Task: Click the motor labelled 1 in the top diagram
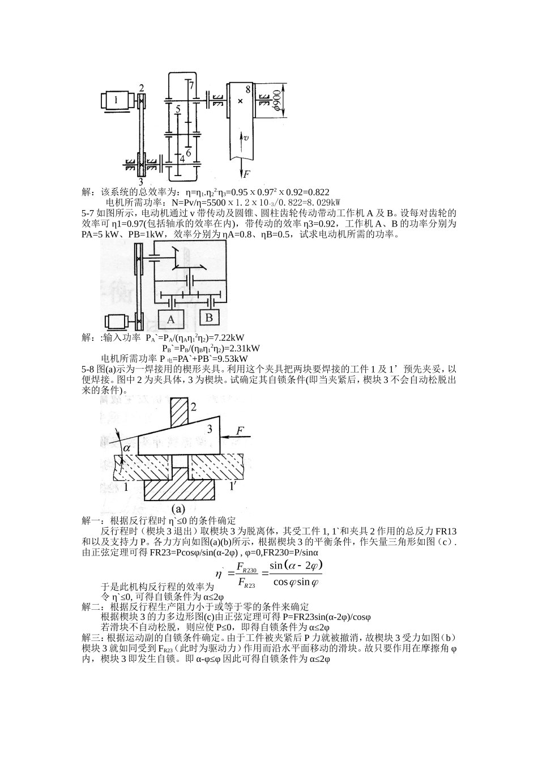point(118,100)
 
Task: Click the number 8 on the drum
point(247,89)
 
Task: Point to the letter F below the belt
point(247,174)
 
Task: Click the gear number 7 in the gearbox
point(192,85)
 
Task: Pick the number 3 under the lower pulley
point(141,181)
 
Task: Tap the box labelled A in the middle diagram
point(171,319)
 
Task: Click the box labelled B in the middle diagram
point(209,318)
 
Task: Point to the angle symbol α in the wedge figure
point(127,447)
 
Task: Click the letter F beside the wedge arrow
point(240,431)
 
